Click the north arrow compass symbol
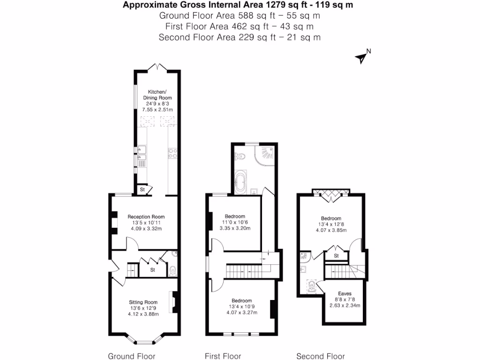[x=362, y=57]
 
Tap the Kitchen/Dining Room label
[x=157, y=95]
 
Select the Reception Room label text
[x=145, y=217]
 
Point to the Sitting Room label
[x=143, y=302]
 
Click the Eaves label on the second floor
[x=345, y=293]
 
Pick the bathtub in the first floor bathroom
[x=240, y=183]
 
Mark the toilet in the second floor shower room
[x=310, y=285]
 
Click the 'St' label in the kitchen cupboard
[x=142, y=190]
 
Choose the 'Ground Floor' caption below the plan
[x=132, y=356]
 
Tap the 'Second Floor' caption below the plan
[x=321, y=356]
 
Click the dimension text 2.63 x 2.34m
[x=345, y=306]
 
